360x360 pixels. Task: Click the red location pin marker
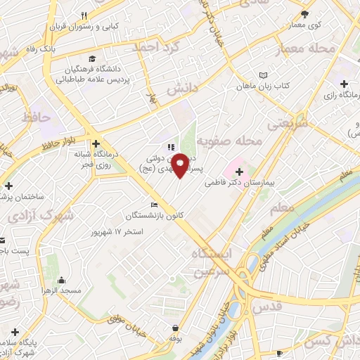tap(181, 165)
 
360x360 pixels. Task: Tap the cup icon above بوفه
tap(174, 328)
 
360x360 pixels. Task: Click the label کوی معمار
tap(305, 24)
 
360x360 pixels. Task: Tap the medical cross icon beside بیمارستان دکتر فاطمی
tap(240, 172)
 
